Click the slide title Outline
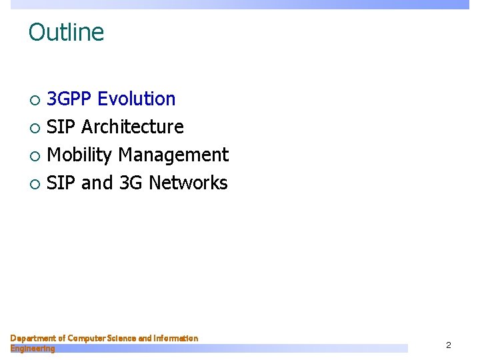[x=66, y=32]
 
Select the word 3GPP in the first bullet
[x=70, y=99]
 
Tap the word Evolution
[x=137, y=99]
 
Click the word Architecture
[x=132, y=127]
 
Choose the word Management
[x=173, y=155]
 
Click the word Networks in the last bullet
[x=188, y=183]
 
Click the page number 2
[x=449, y=345]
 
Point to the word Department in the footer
[x=33, y=339]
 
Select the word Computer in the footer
[x=88, y=339]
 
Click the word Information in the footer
[x=176, y=339]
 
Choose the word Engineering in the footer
[x=33, y=348]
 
